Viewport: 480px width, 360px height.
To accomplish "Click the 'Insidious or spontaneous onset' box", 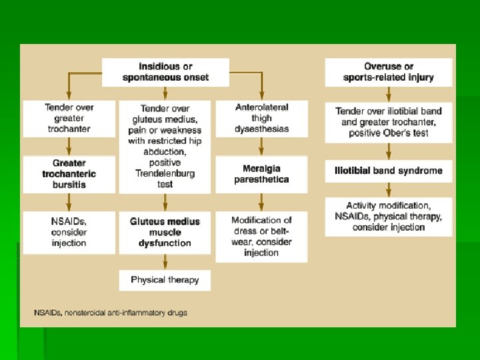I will (x=165, y=72).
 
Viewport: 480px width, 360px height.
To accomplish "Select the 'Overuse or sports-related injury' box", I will (x=388, y=72).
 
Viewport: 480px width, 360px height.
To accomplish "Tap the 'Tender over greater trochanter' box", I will (x=69, y=118).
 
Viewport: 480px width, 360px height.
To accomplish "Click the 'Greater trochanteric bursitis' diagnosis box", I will (x=69, y=174).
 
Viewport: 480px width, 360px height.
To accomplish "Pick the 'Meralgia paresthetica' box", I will (x=261, y=174).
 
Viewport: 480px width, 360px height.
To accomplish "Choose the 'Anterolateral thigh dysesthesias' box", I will (x=261, y=118).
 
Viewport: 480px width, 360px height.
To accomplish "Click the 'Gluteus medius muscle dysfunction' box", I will (x=165, y=232).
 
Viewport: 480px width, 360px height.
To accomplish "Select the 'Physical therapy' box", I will (x=165, y=280).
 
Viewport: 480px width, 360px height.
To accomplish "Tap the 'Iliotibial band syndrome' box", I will (x=388, y=171).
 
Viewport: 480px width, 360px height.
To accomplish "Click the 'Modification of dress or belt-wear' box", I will (x=261, y=237).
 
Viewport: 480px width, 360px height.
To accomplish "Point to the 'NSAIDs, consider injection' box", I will (x=69, y=232).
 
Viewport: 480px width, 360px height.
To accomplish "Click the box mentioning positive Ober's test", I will (x=388, y=122).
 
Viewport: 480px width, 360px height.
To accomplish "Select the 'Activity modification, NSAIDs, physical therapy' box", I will (x=388, y=217).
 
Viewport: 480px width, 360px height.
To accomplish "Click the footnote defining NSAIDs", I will (x=111, y=313).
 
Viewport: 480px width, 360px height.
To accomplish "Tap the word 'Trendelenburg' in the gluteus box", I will (x=165, y=173).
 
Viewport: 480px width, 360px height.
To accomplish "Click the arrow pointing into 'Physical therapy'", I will (x=165, y=264).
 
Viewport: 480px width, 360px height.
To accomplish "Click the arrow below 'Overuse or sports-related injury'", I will (x=388, y=93).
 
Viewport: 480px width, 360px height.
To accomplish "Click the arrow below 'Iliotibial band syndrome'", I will (x=388, y=189).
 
